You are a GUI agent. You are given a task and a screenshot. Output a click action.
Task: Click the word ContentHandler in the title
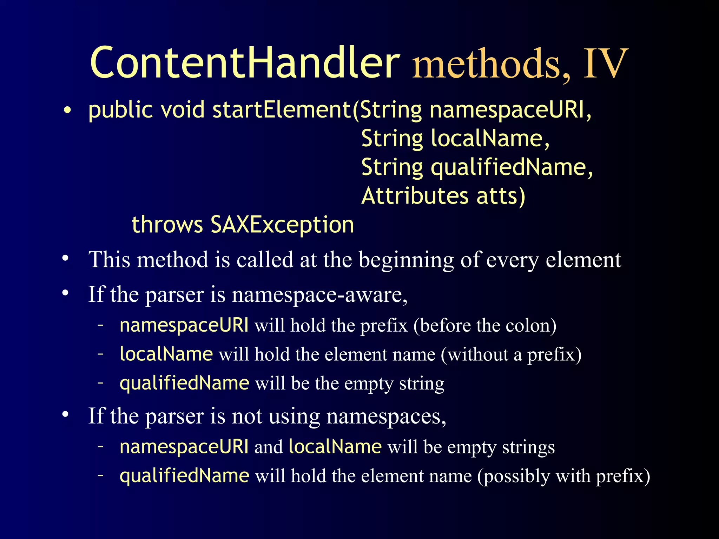(245, 64)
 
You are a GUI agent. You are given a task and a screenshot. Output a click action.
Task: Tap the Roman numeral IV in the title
(605, 64)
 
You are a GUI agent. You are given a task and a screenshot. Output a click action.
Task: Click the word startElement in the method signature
(281, 110)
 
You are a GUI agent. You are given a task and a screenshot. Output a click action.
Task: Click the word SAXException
(282, 225)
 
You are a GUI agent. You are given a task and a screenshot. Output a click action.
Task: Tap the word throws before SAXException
(167, 225)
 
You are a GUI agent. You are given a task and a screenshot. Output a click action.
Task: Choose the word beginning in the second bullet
(406, 260)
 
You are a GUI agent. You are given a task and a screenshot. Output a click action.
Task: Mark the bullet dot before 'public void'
(67, 111)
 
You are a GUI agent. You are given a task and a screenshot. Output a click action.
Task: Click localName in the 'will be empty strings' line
(335, 447)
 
